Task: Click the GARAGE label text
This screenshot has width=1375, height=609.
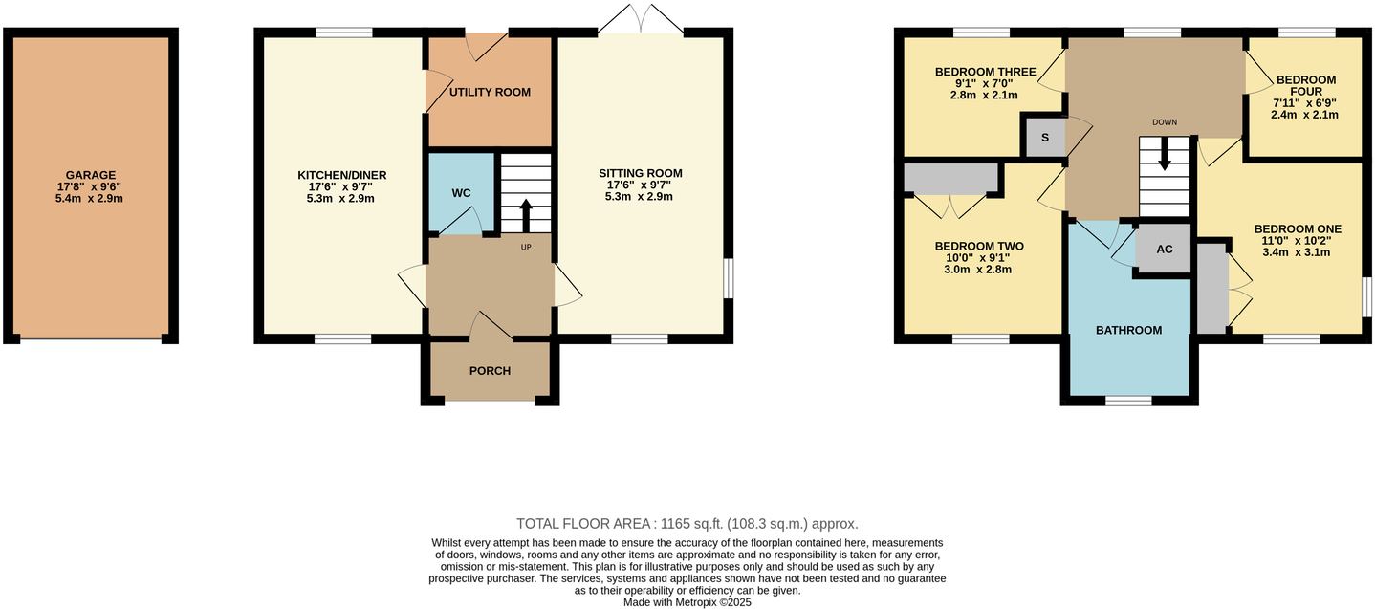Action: pyautogui.click(x=91, y=175)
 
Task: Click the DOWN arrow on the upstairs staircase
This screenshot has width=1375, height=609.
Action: pyautogui.click(x=1164, y=156)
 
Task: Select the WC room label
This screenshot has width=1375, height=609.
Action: pyautogui.click(x=461, y=193)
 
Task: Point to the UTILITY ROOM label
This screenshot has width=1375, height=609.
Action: pyautogui.click(x=490, y=92)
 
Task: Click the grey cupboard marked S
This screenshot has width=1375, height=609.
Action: pyautogui.click(x=1045, y=138)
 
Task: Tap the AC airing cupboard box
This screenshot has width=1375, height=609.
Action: pyautogui.click(x=1164, y=249)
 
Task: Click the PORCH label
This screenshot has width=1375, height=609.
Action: pyautogui.click(x=490, y=371)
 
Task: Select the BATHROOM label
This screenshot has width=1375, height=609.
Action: pyautogui.click(x=1128, y=330)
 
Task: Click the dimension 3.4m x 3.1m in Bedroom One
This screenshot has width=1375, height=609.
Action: pyautogui.click(x=1297, y=252)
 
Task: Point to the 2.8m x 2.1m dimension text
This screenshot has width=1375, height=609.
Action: pyautogui.click(x=985, y=95)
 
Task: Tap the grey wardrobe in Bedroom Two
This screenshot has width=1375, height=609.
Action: pyautogui.click(x=951, y=179)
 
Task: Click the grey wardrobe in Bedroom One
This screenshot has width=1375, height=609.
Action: pyautogui.click(x=1211, y=288)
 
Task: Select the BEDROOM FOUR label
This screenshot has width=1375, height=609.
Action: pyautogui.click(x=1305, y=86)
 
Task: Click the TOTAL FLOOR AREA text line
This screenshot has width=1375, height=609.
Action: pyautogui.click(x=687, y=524)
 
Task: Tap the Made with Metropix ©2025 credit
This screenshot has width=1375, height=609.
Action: pyautogui.click(x=687, y=602)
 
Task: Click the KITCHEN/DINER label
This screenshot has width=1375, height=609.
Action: pyautogui.click(x=341, y=175)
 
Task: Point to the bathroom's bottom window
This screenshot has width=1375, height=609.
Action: pyautogui.click(x=1128, y=402)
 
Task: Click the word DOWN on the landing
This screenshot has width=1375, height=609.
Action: pyautogui.click(x=1164, y=122)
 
